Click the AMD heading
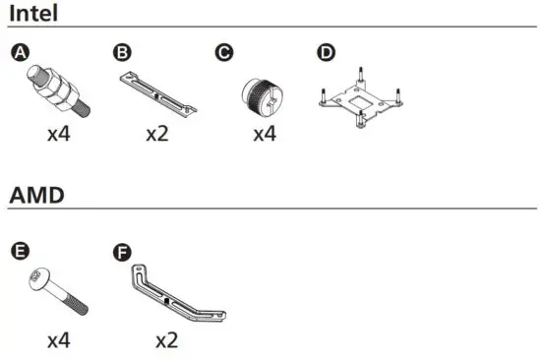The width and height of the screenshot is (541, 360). (x=36, y=195)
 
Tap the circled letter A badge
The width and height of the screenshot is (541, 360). (x=22, y=52)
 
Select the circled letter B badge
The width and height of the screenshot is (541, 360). (x=122, y=52)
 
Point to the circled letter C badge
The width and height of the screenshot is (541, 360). (x=224, y=52)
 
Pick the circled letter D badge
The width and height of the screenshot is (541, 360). (x=326, y=52)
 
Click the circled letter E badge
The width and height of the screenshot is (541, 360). (x=22, y=252)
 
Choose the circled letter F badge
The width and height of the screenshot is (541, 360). (x=122, y=252)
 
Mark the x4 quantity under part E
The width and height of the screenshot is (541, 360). (x=58, y=341)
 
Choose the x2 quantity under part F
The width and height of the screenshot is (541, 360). (x=167, y=341)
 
